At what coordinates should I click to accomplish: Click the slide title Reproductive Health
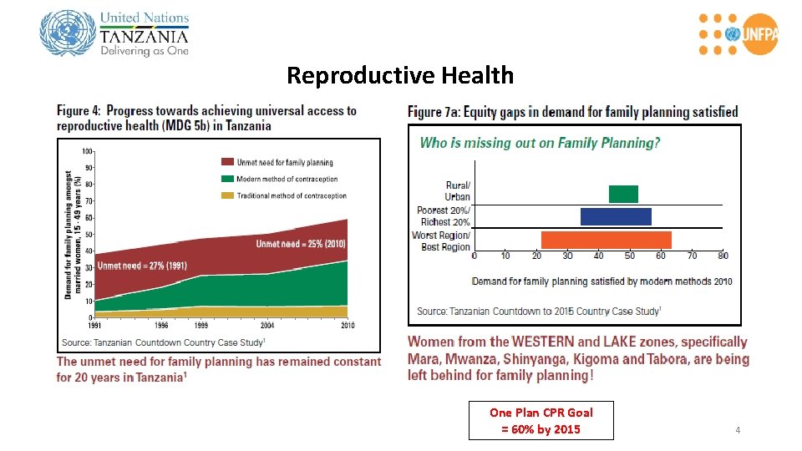pyautogui.click(x=400, y=76)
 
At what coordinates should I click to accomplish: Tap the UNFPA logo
pyautogui.click(x=736, y=34)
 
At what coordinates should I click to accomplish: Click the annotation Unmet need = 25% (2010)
pyautogui.click(x=300, y=244)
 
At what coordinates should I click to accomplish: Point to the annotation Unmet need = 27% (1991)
pyautogui.click(x=142, y=266)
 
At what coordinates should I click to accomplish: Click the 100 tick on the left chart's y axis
pyautogui.click(x=87, y=152)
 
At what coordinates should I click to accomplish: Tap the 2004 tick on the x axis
pyautogui.click(x=266, y=325)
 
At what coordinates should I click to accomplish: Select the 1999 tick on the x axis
pyautogui.click(x=200, y=325)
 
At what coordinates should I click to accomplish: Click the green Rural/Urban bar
pyautogui.click(x=623, y=194)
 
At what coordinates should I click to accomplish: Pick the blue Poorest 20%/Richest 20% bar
pyautogui.click(x=616, y=216)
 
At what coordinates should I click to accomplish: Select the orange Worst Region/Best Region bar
pyautogui.click(x=606, y=240)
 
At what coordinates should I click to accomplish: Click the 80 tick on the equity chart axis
pyautogui.click(x=723, y=256)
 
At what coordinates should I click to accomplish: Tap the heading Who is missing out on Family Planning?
pyautogui.click(x=540, y=143)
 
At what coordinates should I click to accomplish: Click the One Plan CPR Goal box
pyautogui.click(x=541, y=421)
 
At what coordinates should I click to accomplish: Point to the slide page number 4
pyautogui.click(x=738, y=430)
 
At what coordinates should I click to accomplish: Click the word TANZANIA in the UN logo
pyautogui.click(x=144, y=36)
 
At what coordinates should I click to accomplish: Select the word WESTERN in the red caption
pyautogui.click(x=542, y=342)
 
